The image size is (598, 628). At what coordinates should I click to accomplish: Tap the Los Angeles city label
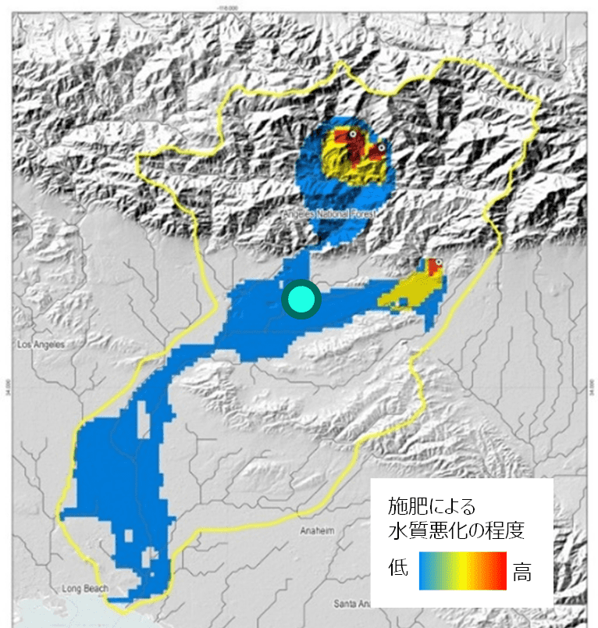point(39,344)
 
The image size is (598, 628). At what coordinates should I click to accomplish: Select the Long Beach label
point(82,589)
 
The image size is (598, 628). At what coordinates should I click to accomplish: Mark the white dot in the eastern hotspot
point(439,263)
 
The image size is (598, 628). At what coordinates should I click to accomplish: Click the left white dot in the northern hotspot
point(352,135)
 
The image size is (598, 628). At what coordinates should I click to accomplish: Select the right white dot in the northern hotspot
point(380,147)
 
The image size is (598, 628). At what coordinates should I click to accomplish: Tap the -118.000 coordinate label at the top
point(299,4)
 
